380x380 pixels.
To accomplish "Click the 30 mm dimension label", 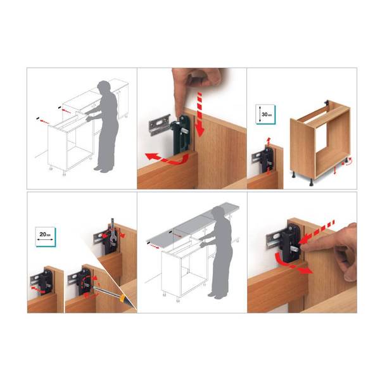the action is (x=267, y=114).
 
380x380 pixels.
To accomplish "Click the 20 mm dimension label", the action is (x=46, y=234).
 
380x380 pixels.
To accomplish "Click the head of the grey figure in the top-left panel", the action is (x=104, y=87).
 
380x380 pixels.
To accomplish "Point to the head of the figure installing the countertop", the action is (x=217, y=212).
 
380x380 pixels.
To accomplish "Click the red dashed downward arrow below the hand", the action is (x=200, y=114).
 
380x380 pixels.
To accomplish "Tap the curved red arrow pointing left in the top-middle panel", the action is (x=167, y=159).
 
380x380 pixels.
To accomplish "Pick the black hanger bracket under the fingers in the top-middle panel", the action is (x=182, y=135).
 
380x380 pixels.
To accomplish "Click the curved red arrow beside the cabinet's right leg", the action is (x=347, y=163).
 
